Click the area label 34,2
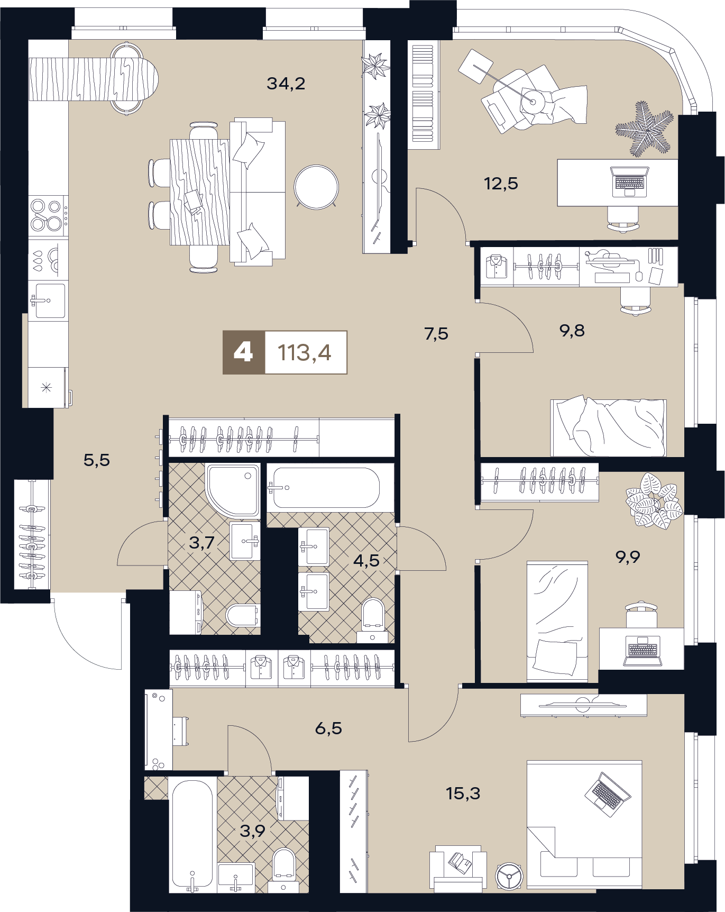pos(286,84)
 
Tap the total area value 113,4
pos(305,352)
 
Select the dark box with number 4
pos(244,352)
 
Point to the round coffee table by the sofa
pos(316,187)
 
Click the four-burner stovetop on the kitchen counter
pos(47,215)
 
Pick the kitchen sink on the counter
pos(49,301)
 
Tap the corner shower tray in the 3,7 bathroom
pos(233,490)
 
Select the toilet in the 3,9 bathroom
pos(284,870)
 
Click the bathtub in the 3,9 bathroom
pos(192,835)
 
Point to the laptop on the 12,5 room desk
pos(629,181)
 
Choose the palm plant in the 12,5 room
pos(644,129)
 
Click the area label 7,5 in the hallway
pos(436,334)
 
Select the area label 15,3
pos(463,794)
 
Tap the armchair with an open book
pos(458,869)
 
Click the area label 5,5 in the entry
pos(97,460)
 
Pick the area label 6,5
pos(328,728)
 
